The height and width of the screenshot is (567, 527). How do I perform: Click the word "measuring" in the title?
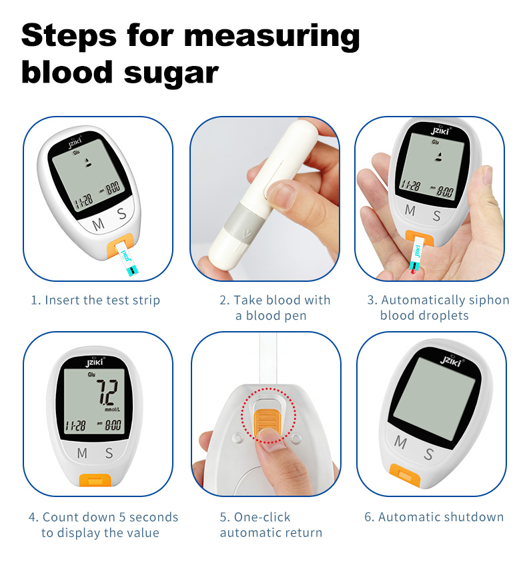pyautogui.click(x=272, y=36)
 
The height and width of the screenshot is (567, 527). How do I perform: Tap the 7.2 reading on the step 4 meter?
pyautogui.click(x=107, y=392)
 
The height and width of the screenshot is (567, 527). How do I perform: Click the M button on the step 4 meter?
pyautogui.click(x=82, y=452)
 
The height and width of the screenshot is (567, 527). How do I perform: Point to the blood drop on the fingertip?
pyautogui.click(x=414, y=271)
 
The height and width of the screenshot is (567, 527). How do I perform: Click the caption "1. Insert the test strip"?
pyautogui.click(x=95, y=300)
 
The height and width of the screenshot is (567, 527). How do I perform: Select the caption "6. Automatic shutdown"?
pyautogui.click(x=434, y=517)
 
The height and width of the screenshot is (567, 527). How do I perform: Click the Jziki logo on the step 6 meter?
pyautogui.click(x=451, y=360)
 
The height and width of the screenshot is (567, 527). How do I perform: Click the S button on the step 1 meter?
pyautogui.click(x=122, y=213)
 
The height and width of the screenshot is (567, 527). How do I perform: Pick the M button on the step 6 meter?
pyautogui.click(x=400, y=442)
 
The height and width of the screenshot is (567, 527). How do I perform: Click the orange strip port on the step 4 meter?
pyautogui.click(x=95, y=480)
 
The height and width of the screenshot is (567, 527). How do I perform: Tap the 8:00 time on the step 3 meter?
pyautogui.click(x=444, y=190)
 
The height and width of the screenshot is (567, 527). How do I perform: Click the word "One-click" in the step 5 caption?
pyautogui.click(x=261, y=517)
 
